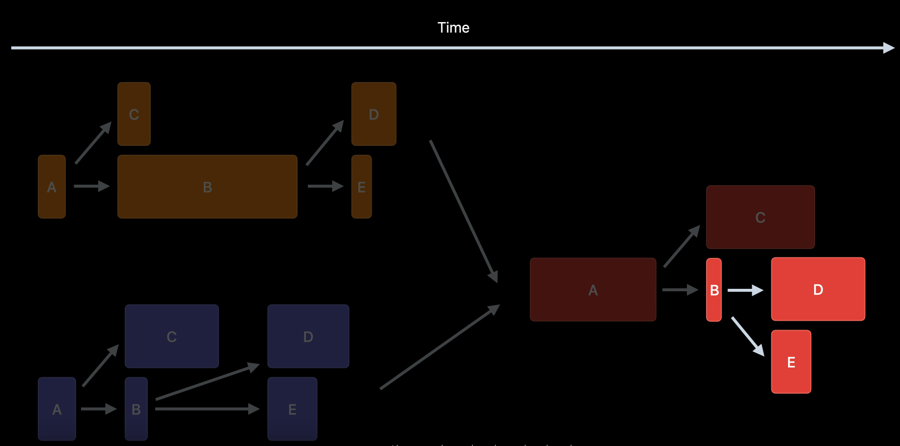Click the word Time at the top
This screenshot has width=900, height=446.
coord(453,28)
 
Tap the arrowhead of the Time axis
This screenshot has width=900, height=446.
coord(889,48)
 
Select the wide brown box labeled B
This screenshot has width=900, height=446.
coord(207,187)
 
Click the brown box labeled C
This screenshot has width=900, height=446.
coord(134,114)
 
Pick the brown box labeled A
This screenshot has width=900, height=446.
coord(52,187)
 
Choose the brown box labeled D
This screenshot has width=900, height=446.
coord(374,114)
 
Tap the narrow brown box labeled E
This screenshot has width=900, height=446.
coord(361,187)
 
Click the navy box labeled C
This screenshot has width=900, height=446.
coord(171,336)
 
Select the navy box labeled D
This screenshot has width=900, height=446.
coord(308,336)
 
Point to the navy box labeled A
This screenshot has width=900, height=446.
coord(57,409)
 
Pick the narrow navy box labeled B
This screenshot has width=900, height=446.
coord(136,409)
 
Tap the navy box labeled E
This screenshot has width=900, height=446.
coord(292,409)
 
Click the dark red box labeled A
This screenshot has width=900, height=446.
coord(593,290)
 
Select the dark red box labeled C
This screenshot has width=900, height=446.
coord(760,217)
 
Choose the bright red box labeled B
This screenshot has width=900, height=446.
coord(714,290)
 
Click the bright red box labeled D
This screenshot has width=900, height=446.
coord(818,289)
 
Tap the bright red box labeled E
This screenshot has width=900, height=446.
coord(791,362)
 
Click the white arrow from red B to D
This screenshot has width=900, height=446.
coord(745,290)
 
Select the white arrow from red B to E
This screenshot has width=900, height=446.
coord(747,336)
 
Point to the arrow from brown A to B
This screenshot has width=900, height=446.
coord(91,186)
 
